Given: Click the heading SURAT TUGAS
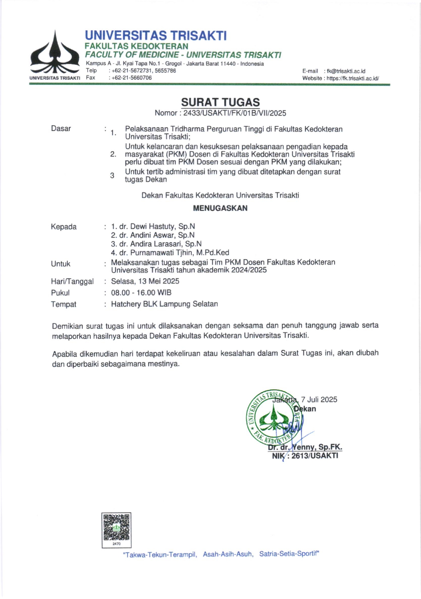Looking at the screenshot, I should (x=220, y=102).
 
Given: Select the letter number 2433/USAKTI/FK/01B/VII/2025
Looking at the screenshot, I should (x=235, y=113).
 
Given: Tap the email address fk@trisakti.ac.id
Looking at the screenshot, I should (x=346, y=71).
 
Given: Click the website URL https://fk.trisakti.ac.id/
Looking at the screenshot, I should (x=353, y=78).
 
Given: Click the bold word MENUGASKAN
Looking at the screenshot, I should (x=220, y=208).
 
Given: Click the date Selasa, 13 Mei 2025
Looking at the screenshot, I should (x=145, y=281).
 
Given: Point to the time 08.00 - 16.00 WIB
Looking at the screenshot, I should (x=141, y=293).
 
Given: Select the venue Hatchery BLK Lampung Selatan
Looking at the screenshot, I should (x=164, y=304).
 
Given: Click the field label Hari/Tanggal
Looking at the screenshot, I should (x=72, y=282).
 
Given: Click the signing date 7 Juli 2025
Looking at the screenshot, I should (x=319, y=399).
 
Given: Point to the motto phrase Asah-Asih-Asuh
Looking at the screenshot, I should (x=228, y=554).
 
